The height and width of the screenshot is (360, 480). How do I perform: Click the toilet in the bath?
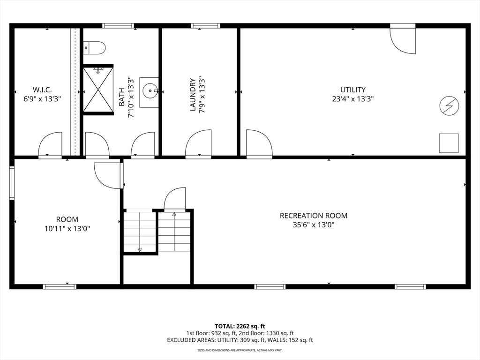(x=95, y=47)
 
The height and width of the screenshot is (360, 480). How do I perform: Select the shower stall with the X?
(x=98, y=90)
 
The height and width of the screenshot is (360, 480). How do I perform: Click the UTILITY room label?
(x=353, y=90)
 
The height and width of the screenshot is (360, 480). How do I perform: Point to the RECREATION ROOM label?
(x=314, y=216)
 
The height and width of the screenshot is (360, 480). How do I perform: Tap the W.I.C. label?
(x=42, y=90)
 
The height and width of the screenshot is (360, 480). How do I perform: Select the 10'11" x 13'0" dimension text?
(x=67, y=229)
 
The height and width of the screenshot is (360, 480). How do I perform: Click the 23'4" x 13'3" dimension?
(x=353, y=99)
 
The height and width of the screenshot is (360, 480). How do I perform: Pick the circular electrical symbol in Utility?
(x=449, y=106)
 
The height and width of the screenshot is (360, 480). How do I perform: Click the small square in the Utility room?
(x=449, y=143)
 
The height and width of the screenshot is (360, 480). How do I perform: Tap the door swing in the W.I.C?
(x=51, y=144)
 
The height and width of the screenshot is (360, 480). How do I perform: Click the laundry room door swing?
(x=198, y=144)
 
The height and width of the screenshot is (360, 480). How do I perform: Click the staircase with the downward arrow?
(x=140, y=232)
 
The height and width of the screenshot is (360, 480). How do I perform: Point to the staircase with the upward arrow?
(x=174, y=232)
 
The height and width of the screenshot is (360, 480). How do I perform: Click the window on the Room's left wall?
(x=12, y=184)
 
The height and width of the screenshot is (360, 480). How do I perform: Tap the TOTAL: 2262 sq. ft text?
(x=240, y=326)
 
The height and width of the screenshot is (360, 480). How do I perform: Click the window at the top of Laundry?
(x=205, y=26)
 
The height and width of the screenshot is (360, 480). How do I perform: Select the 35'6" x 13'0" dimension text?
(x=314, y=225)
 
